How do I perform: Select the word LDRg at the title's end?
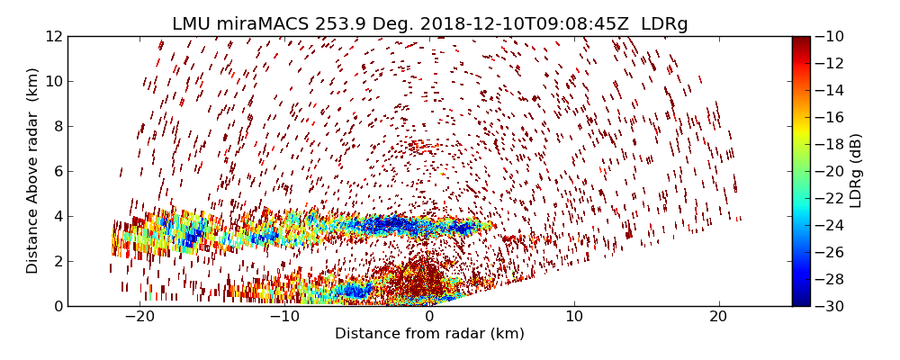tap(664, 24)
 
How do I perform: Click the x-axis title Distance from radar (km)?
tap(429, 334)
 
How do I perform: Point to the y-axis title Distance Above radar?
tap(33, 170)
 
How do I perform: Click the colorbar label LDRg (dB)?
tap(856, 170)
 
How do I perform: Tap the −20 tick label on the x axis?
tap(139, 317)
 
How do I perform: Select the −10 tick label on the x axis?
tap(284, 317)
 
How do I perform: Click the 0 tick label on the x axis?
tap(429, 317)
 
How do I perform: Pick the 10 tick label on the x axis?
tap(574, 317)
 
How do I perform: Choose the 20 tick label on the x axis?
tap(718, 317)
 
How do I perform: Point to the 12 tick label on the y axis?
tap(53, 36)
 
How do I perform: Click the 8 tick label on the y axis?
tap(57, 126)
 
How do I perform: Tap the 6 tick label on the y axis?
tap(57, 171)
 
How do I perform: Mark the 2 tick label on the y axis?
tap(57, 261)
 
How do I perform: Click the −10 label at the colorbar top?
tap(832, 36)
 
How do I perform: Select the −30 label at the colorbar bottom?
tap(832, 306)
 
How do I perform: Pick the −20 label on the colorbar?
tap(832, 171)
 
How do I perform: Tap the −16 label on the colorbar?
tap(832, 117)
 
